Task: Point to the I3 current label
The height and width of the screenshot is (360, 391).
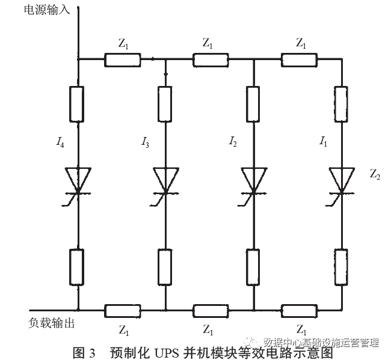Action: (x=145, y=143)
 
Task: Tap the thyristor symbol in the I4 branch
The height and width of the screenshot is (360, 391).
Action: (x=79, y=180)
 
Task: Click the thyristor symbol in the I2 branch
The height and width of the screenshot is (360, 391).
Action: (x=253, y=180)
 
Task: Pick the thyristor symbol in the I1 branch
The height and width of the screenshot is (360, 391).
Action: (x=341, y=180)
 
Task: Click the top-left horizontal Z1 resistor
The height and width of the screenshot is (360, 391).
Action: (x=123, y=59)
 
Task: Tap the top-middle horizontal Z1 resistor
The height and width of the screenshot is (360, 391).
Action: (x=210, y=59)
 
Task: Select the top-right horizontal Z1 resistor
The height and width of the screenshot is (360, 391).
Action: (x=298, y=59)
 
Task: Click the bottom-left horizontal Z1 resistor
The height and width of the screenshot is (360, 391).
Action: (x=123, y=311)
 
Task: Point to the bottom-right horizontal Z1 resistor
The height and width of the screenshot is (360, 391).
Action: (x=298, y=311)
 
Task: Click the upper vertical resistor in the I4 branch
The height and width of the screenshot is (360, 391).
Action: (x=79, y=103)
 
